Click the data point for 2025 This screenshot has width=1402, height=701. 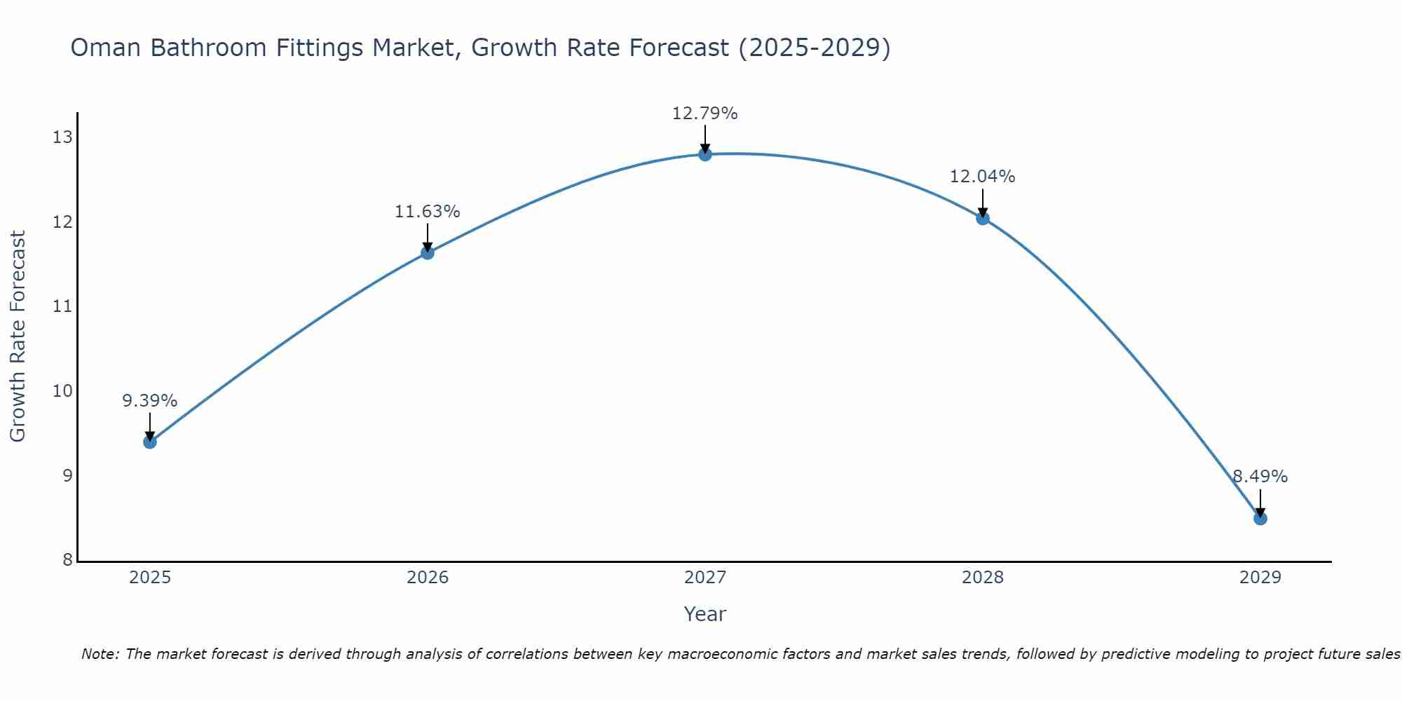(149, 442)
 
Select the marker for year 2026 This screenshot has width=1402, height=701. (427, 252)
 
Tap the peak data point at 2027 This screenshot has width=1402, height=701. (705, 154)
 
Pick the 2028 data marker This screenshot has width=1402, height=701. (983, 218)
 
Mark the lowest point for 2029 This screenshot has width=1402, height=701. (1260, 519)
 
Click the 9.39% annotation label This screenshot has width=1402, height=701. (149, 401)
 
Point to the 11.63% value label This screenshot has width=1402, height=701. (427, 212)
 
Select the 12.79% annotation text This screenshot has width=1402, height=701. (705, 114)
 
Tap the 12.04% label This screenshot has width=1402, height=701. (982, 177)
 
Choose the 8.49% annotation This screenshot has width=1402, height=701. (1260, 477)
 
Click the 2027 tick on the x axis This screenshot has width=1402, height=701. (705, 578)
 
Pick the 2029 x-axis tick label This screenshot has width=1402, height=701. (1260, 578)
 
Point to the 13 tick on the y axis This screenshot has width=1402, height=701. (62, 137)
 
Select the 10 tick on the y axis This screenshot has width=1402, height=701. (62, 391)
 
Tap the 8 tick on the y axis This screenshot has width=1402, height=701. (67, 560)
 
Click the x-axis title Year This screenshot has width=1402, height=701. (705, 614)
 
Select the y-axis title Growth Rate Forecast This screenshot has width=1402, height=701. (18, 336)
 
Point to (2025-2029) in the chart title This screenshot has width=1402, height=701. (814, 48)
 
